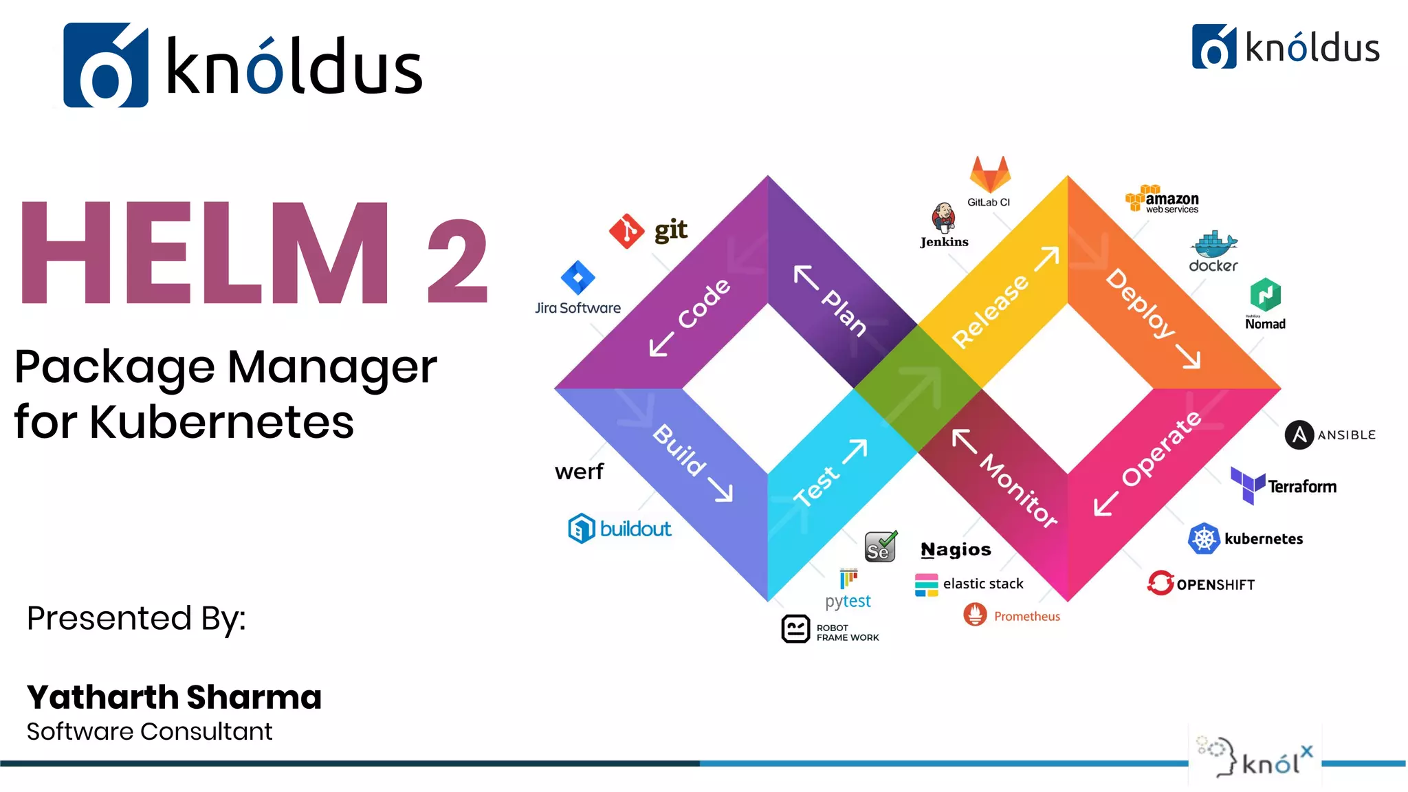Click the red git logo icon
coord(626,231)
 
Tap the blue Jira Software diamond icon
coord(577,278)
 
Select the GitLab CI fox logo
coord(989,175)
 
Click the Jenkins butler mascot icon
coord(943,218)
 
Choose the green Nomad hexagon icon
coord(1265,296)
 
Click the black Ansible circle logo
coord(1299,434)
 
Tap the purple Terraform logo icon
coord(1247,485)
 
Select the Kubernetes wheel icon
coord(1204,538)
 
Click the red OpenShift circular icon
coord(1160,583)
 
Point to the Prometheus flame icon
coord(975,615)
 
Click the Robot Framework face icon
coord(795,628)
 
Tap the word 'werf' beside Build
coord(579,472)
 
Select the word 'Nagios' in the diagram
coord(956,549)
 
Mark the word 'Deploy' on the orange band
coord(1140,303)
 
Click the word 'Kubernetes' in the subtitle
coord(221,421)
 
